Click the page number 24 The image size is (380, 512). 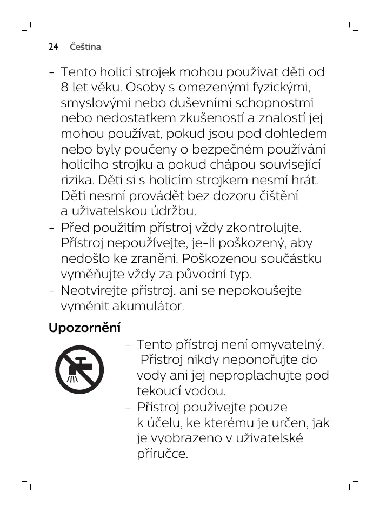click(x=53, y=47)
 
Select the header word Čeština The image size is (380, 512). click(x=85, y=47)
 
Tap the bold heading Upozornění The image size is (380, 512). click(x=85, y=328)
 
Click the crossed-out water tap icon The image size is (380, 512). click(x=79, y=370)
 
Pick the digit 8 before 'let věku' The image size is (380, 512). click(x=65, y=87)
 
